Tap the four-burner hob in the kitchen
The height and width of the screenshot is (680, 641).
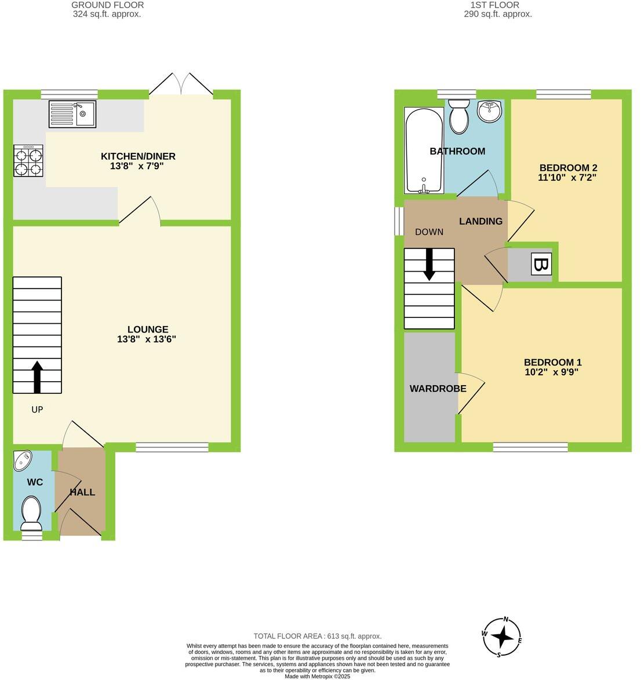coord(29,161)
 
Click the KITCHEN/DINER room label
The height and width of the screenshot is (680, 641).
coord(138,156)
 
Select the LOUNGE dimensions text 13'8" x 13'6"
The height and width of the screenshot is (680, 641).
coord(146,339)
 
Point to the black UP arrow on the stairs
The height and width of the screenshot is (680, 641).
coord(37,377)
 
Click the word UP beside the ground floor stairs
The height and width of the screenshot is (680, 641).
coord(37,410)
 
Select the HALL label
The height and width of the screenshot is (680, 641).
coord(82,492)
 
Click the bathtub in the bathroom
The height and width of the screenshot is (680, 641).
coord(424,151)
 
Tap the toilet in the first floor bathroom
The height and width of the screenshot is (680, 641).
coord(460,115)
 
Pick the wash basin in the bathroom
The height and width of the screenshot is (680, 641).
coord(490,111)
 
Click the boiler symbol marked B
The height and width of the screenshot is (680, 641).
coord(541,265)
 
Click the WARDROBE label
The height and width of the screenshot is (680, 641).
coord(438,389)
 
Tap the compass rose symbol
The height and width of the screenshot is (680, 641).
coord(501,638)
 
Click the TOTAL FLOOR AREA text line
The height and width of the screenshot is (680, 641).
coord(318,636)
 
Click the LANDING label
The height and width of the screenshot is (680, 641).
coord(480,221)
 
